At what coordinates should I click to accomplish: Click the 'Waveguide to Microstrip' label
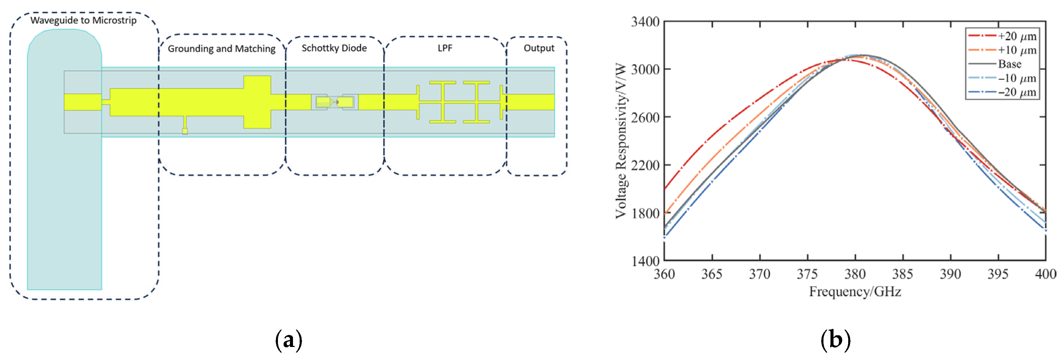pyautogui.click(x=84, y=21)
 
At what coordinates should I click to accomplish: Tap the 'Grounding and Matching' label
pyautogui.click(x=221, y=49)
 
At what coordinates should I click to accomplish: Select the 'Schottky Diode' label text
pyautogui.click(x=334, y=48)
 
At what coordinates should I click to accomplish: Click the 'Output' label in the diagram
pyautogui.click(x=539, y=48)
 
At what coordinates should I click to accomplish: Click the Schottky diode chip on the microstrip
pyautogui.click(x=335, y=102)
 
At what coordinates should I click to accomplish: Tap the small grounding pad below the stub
pyautogui.click(x=185, y=131)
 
